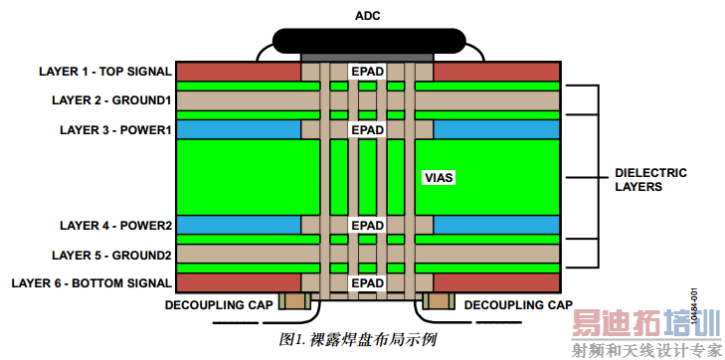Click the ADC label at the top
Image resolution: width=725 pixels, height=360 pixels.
(368, 15)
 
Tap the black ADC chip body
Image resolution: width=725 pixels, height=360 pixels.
(368, 41)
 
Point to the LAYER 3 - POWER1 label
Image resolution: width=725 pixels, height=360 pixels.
(116, 129)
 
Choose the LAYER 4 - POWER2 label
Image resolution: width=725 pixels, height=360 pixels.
(116, 225)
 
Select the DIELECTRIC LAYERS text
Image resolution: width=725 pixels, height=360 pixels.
(638, 179)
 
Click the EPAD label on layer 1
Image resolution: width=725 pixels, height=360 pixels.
(367, 72)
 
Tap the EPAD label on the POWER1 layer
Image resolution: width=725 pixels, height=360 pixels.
(367, 129)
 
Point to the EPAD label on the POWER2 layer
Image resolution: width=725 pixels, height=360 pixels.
(367, 225)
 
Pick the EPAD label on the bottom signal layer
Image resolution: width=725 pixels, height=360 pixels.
(367, 283)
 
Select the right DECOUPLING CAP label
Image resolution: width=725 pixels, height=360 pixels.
(518, 304)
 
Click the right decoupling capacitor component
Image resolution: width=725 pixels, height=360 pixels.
(439, 301)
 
